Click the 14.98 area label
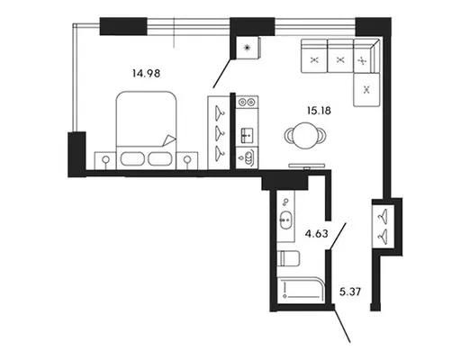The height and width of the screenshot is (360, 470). [147, 73]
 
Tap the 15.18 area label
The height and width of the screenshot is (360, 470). [319, 111]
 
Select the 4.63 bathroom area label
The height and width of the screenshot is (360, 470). [316, 233]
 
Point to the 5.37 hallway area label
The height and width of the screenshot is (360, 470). [350, 292]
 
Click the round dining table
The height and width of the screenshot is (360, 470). [305, 136]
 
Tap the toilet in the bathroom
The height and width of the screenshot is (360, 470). [288, 258]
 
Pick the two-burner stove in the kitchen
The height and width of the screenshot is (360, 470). [247, 103]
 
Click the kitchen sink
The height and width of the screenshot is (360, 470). [248, 136]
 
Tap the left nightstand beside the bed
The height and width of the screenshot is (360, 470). [105, 161]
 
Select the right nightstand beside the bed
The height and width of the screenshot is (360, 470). [187, 161]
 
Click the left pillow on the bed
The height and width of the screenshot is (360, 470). [133, 159]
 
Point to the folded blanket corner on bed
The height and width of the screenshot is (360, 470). [168, 140]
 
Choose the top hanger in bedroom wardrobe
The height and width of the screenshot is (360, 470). [220, 112]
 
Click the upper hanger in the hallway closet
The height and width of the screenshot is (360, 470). [383, 215]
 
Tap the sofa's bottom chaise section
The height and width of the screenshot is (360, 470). [366, 90]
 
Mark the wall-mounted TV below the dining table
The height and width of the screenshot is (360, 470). [306, 166]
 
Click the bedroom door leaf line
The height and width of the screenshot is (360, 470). [222, 73]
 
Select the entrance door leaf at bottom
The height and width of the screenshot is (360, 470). [342, 324]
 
